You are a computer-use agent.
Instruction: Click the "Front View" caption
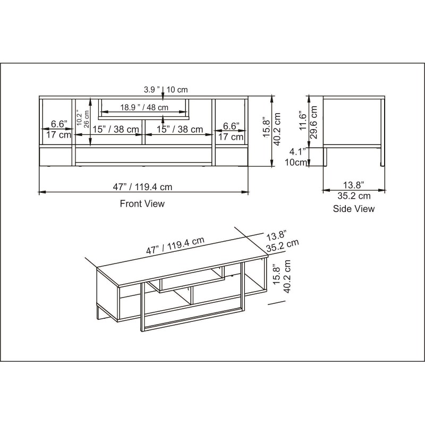[142, 203]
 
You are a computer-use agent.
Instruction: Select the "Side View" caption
[354, 209]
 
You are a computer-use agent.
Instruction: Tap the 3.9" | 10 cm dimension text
[166, 89]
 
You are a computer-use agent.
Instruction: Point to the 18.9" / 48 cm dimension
[144, 107]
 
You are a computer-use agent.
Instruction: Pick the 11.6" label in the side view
[303, 121]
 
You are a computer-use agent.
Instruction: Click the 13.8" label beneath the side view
[353, 185]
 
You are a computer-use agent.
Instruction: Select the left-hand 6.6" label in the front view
[59, 124]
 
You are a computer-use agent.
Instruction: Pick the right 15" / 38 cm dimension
[180, 129]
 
